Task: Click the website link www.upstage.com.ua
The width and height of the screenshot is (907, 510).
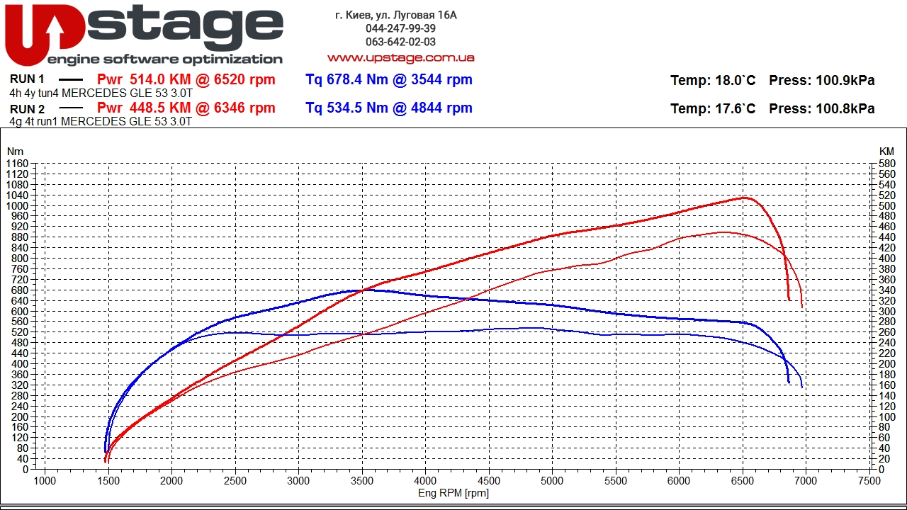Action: [400, 57]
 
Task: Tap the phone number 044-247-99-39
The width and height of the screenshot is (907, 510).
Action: [400, 28]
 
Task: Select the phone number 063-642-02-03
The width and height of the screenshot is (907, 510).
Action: [400, 42]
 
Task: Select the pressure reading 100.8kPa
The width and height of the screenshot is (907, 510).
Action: [845, 108]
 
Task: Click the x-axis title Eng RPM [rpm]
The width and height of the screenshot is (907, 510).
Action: [453, 493]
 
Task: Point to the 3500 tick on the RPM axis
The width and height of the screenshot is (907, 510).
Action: [362, 481]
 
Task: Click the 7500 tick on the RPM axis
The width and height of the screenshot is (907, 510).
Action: [869, 481]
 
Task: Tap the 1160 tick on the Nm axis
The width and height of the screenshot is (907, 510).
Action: [17, 164]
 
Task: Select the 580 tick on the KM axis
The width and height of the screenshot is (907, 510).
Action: [886, 164]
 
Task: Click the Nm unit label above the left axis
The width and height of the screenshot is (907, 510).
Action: [15, 152]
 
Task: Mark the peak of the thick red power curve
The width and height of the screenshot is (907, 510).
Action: [745, 198]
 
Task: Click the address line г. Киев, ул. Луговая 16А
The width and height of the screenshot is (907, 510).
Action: [395, 15]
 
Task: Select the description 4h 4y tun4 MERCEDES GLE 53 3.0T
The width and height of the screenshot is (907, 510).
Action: [101, 93]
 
